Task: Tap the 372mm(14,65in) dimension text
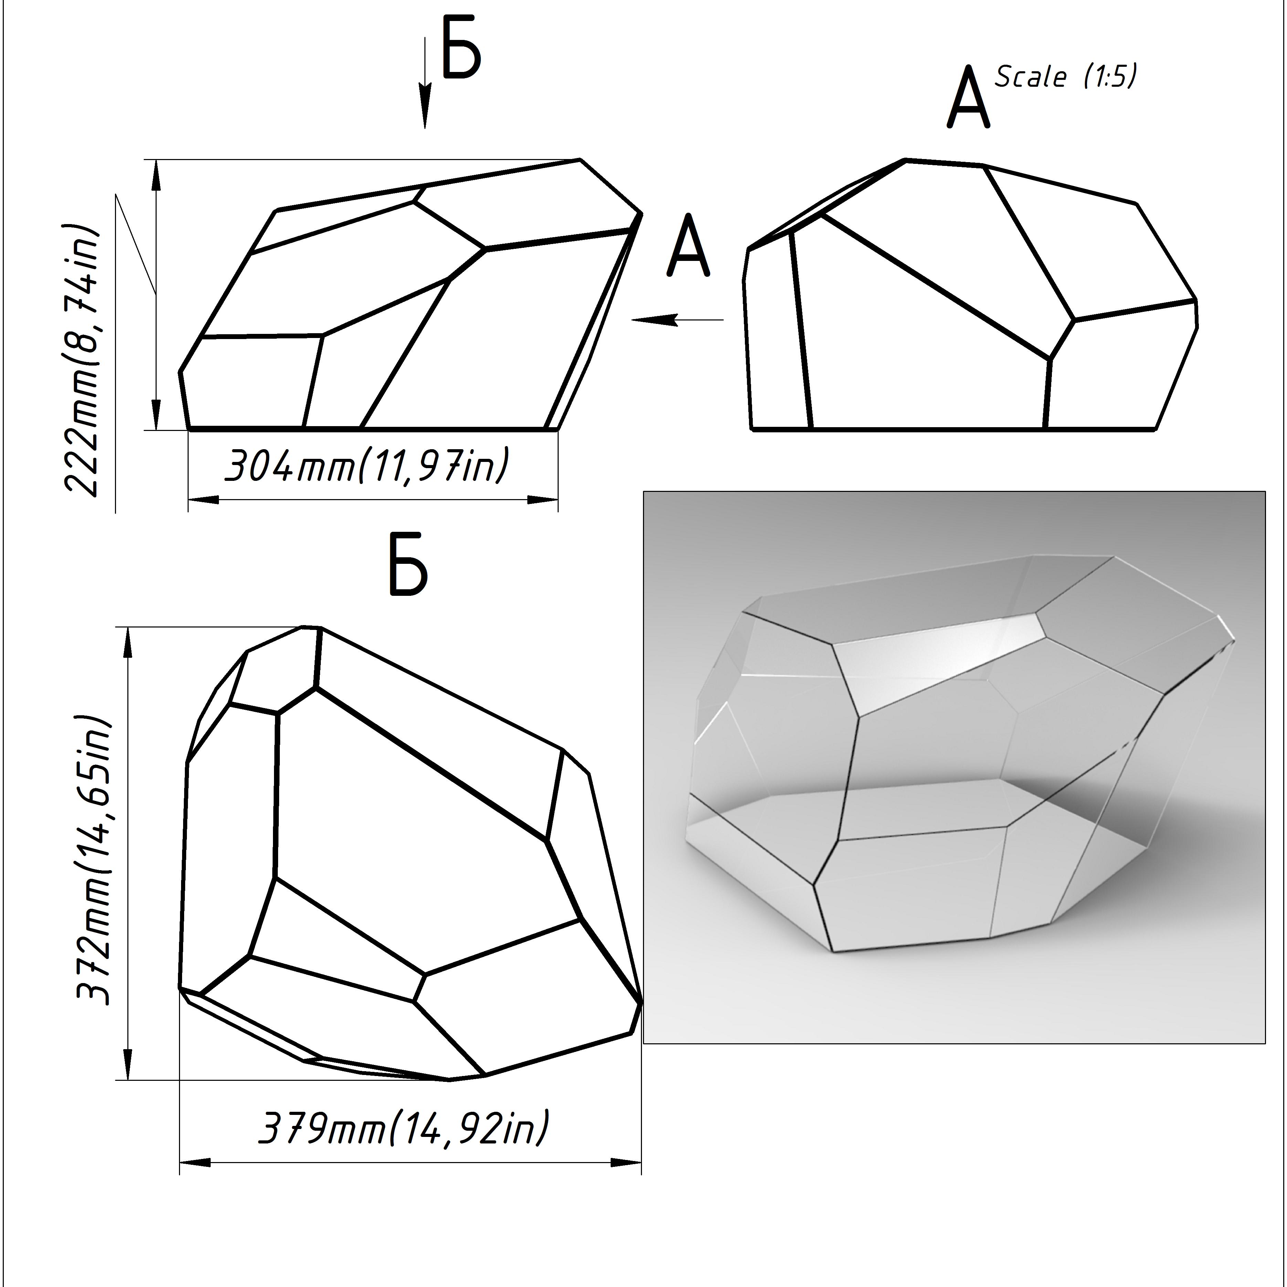93,860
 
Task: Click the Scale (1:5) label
1065,77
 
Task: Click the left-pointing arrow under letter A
676,320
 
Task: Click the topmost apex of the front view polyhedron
580,160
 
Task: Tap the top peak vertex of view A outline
906,160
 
